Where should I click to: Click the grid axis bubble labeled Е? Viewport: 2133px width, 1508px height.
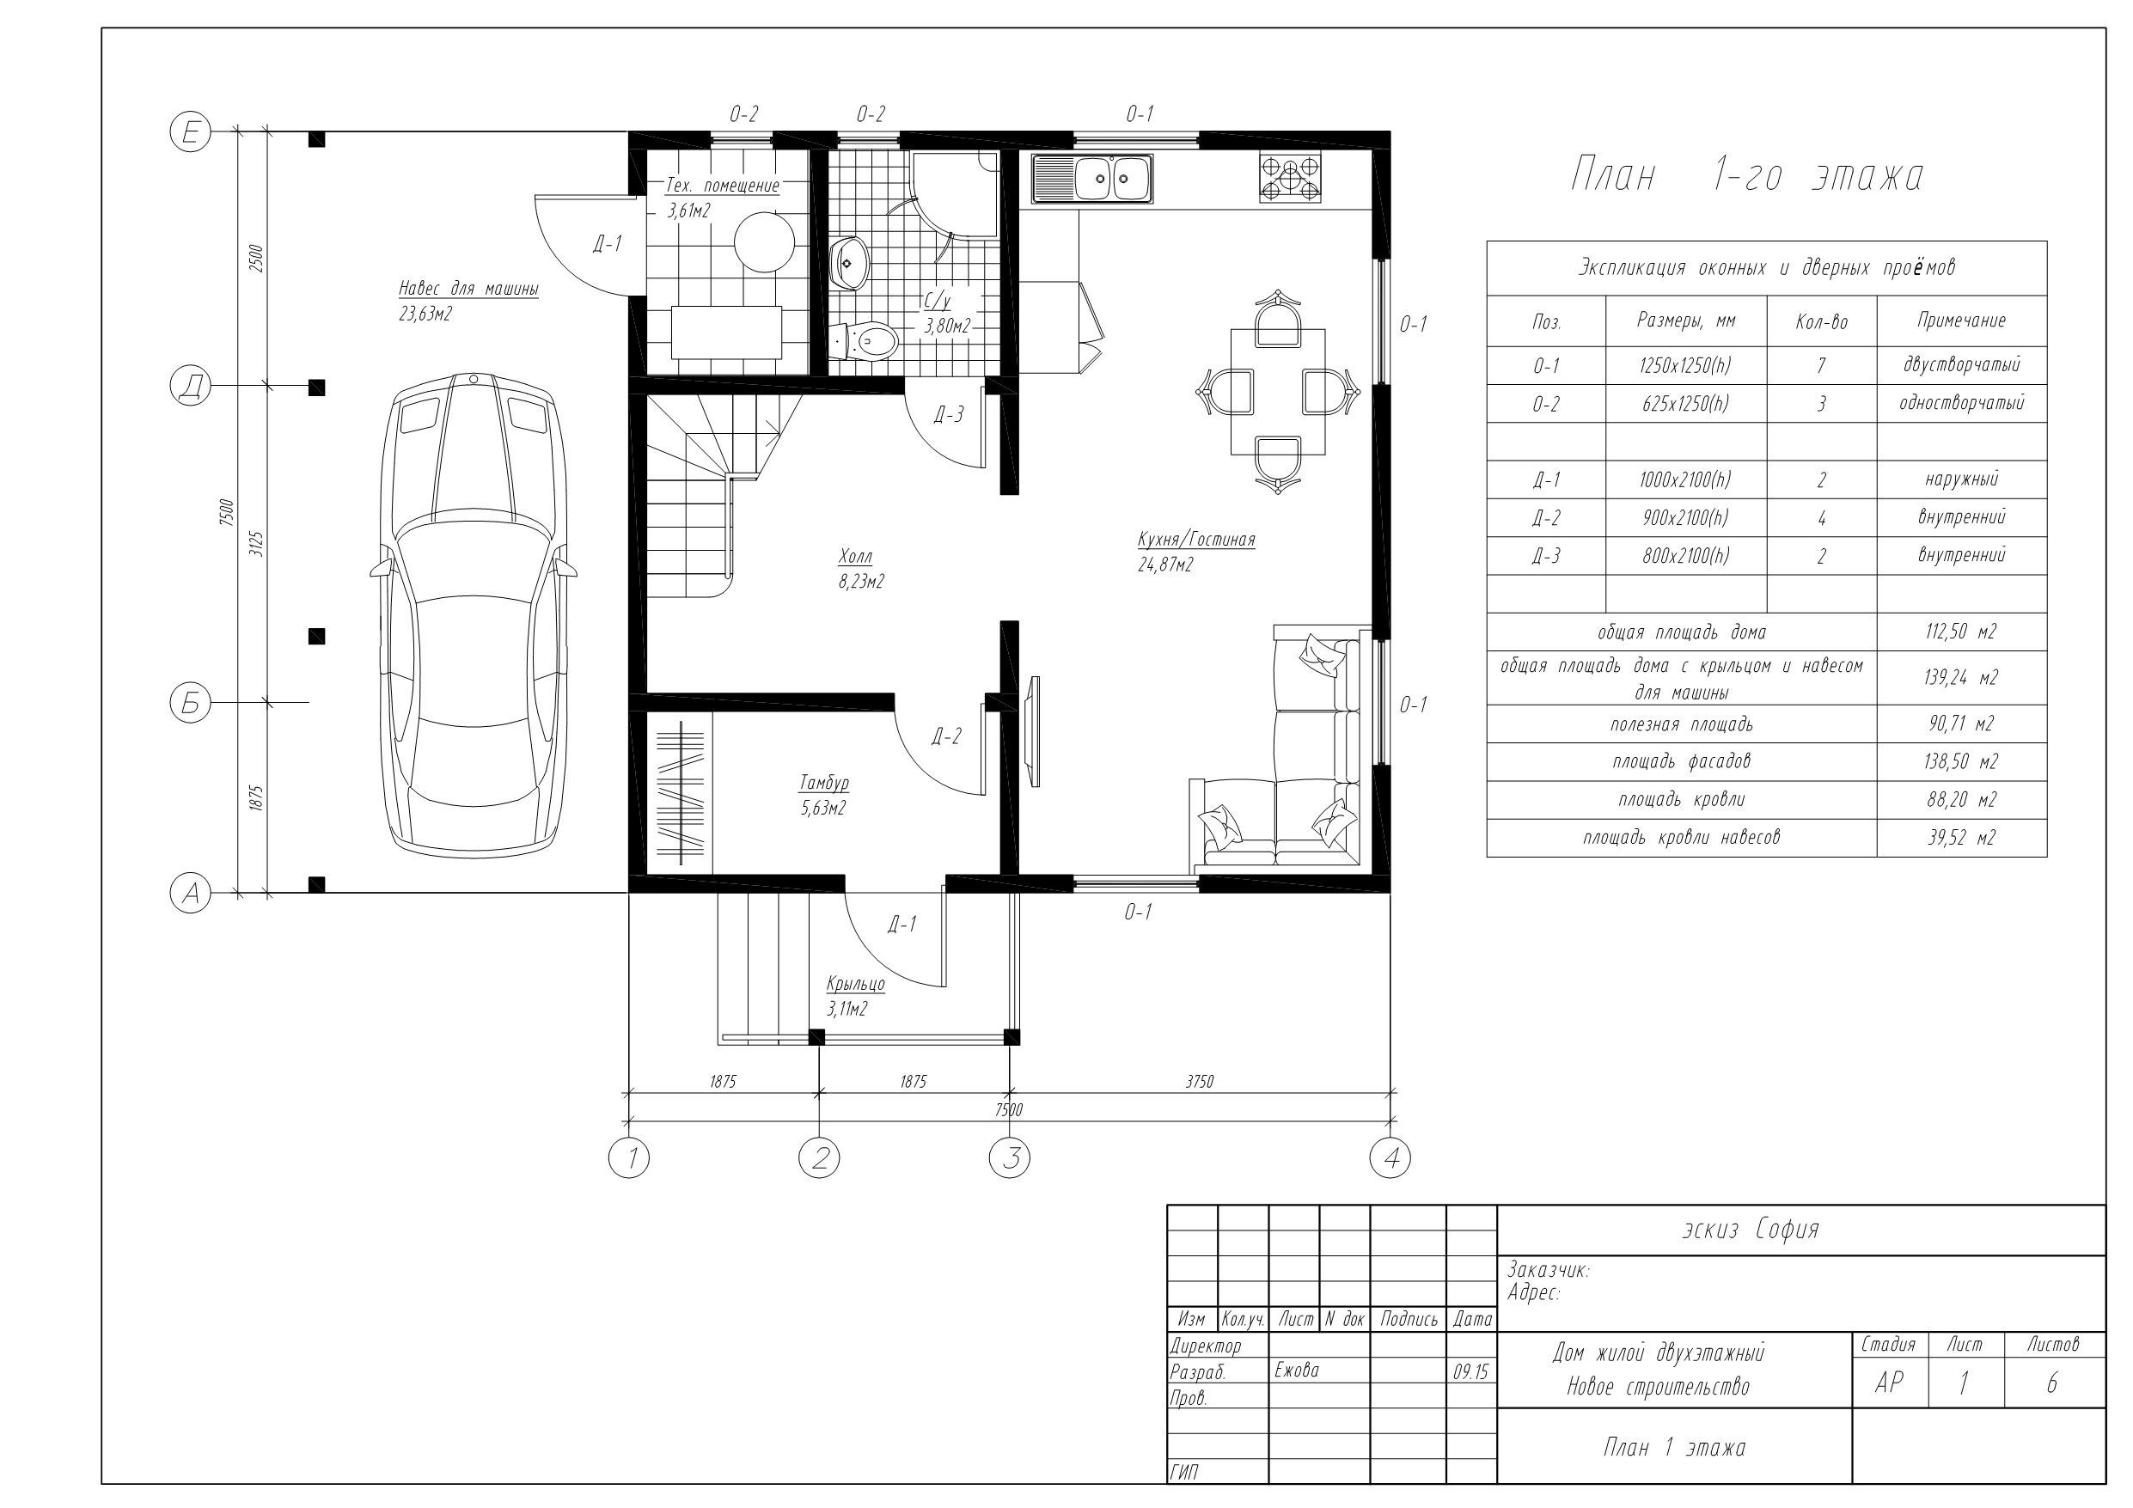tap(191, 133)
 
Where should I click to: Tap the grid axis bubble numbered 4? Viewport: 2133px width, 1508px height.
tap(1390, 1157)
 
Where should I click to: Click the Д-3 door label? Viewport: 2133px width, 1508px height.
tap(949, 415)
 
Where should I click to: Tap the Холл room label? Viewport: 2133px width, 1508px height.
tap(856, 557)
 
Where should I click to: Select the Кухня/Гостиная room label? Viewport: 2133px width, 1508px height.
tap(1196, 540)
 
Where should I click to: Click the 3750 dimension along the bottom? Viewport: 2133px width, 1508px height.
tap(1200, 1082)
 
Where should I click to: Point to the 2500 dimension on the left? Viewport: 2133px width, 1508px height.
tap(257, 258)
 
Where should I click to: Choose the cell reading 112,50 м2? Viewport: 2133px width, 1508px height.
tap(1960, 632)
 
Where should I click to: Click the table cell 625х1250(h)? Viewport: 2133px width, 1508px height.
tap(1685, 404)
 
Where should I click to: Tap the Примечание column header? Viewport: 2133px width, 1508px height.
tap(1961, 321)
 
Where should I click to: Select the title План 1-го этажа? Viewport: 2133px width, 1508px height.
tap(1746, 175)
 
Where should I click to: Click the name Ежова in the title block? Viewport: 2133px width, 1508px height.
tap(1297, 1371)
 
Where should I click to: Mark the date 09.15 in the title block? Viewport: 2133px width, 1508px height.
tap(1470, 1372)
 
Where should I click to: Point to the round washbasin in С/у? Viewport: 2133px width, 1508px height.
tap(847, 263)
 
